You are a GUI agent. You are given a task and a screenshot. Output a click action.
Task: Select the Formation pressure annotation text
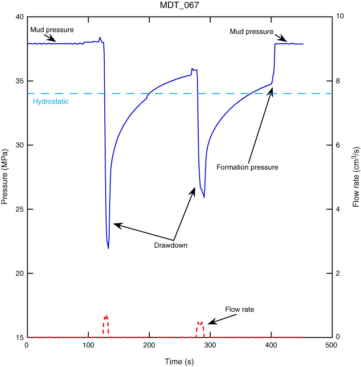(247, 167)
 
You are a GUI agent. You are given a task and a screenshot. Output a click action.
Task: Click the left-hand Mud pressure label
(52, 30)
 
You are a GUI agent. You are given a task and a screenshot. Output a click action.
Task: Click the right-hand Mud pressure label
(251, 32)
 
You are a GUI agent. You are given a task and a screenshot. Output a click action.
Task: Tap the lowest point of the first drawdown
(108, 248)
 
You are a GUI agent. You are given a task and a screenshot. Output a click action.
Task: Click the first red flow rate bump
(106, 318)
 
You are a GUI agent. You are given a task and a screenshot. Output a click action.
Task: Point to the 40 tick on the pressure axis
(19, 17)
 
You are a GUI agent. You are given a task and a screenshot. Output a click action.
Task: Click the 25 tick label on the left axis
(19, 209)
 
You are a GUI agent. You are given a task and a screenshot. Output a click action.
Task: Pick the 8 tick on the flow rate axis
(340, 81)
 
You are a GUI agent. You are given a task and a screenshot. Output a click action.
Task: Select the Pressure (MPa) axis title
(5, 177)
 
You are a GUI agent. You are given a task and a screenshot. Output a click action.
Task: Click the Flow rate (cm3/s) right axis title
(356, 177)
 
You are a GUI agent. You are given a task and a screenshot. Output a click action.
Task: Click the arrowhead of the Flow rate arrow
(210, 322)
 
